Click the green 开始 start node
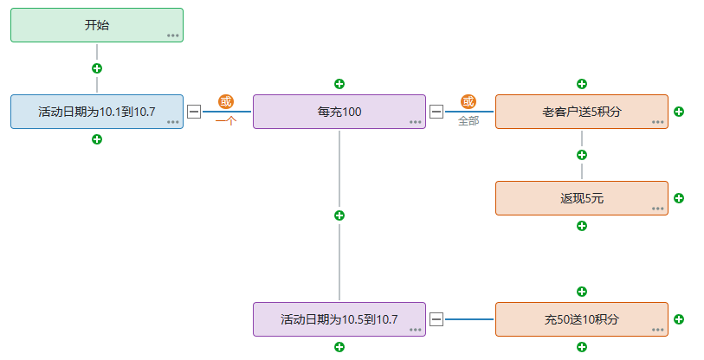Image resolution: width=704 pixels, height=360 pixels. click(97, 25)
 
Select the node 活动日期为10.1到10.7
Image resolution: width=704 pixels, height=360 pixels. click(97, 112)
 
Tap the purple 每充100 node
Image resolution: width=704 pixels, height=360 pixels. click(339, 112)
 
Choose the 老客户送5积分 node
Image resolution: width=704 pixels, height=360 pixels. click(582, 112)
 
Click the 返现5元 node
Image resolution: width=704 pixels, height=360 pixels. click(582, 198)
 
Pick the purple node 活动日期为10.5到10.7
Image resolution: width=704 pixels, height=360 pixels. click(339, 319)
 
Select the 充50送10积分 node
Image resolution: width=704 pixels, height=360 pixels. click(582, 319)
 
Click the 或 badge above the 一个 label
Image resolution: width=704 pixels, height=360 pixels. click(226, 102)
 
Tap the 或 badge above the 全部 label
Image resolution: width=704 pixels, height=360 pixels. click(468, 102)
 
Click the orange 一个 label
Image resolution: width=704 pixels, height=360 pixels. click(226, 121)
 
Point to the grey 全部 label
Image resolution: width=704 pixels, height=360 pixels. click(468, 121)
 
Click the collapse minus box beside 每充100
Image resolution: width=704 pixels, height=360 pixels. click(436, 112)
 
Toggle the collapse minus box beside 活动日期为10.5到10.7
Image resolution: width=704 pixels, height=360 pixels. click(436, 319)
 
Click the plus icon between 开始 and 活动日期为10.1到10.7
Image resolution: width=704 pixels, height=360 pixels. click(97, 68)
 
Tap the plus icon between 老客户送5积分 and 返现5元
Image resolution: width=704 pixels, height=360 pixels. click(582, 155)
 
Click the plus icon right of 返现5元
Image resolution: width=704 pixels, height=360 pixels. click(679, 198)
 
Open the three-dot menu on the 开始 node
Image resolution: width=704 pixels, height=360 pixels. click(173, 35)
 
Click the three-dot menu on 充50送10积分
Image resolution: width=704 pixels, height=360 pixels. click(658, 330)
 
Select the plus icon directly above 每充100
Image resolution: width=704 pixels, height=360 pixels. click(339, 84)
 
